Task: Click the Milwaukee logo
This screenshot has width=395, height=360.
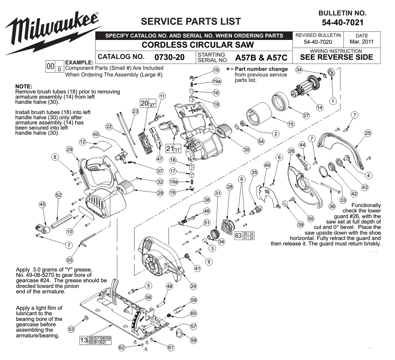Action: pyautogui.click(x=53, y=33)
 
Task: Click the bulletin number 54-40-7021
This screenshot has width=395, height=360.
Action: pyautogui.click(x=342, y=22)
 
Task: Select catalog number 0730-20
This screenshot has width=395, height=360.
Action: pyautogui.click(x=169, y=57)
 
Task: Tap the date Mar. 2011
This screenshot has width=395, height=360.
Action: pyautogui.click(x=361, y=42)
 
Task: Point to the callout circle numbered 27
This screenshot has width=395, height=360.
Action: pyautogui.click(x=306, y=116)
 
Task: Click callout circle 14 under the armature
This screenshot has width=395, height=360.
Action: pyautogui.click(x=320, y=107)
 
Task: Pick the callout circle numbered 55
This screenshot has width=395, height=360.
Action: pyautogui.click(x=70, y=260)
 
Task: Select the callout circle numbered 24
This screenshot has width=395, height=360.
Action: pyautogui.click(x=193, y=286)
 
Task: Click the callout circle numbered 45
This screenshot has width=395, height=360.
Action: pyautogui.click(x=42, y=204)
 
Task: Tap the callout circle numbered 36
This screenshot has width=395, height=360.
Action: pyautogui.click(x=332, y=206)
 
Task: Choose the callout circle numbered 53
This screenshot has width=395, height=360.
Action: pyautogui.click(x=71, y=329)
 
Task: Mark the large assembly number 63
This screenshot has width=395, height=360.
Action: pyautogui.click(x=238, y=236)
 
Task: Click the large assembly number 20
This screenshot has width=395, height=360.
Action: pyautogui.click(x=144, y=103)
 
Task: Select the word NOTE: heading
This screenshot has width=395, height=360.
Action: pyautogui.click(x=24, y=86)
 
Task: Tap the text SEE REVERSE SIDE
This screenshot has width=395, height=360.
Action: pyautogui.click(x=336, y=57)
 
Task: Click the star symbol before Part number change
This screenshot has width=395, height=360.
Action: pyautogui.click(x=228, y=69)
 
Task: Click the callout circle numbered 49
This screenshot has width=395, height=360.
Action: pyautogui.click(x=267, y=165)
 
